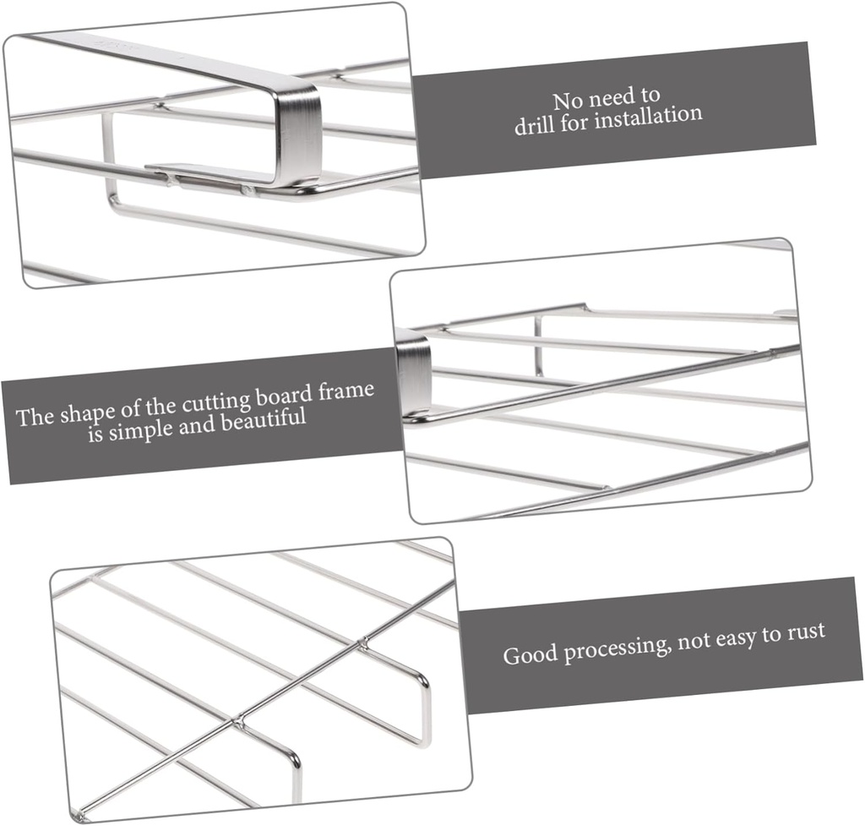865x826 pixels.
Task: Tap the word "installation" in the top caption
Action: click(647, 116)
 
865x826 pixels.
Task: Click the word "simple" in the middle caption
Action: click(147, 428)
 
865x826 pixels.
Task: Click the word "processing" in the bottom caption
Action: click(614, 647)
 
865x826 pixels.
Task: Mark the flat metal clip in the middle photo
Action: click(413, 373)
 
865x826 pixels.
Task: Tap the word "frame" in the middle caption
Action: click(348, 392)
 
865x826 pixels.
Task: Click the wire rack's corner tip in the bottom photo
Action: click(79, 814)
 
